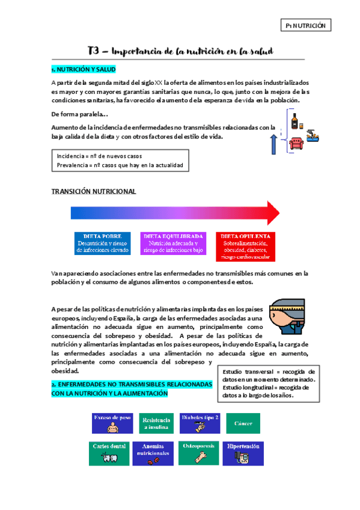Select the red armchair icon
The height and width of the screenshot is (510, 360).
[296, 143]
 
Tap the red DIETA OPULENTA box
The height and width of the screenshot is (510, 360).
[245, 247]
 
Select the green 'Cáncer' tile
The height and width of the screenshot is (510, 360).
[243, 423]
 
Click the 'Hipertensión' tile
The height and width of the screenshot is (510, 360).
[243, 453]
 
